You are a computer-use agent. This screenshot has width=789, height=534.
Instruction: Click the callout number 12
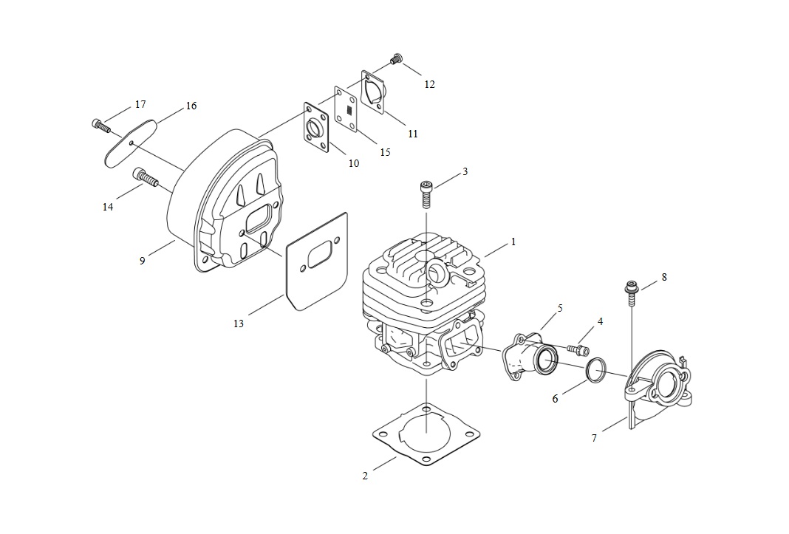(429, 84)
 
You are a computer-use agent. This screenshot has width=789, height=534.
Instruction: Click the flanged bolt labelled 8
(630, 295)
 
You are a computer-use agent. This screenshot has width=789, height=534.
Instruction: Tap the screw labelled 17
(101, 125)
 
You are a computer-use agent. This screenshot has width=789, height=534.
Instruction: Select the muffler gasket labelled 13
(316, 260)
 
